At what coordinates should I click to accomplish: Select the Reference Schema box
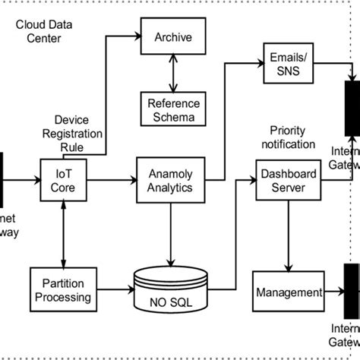(172, 108)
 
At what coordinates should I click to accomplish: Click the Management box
(286, 292)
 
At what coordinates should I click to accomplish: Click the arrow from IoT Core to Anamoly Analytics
(115, 180)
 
